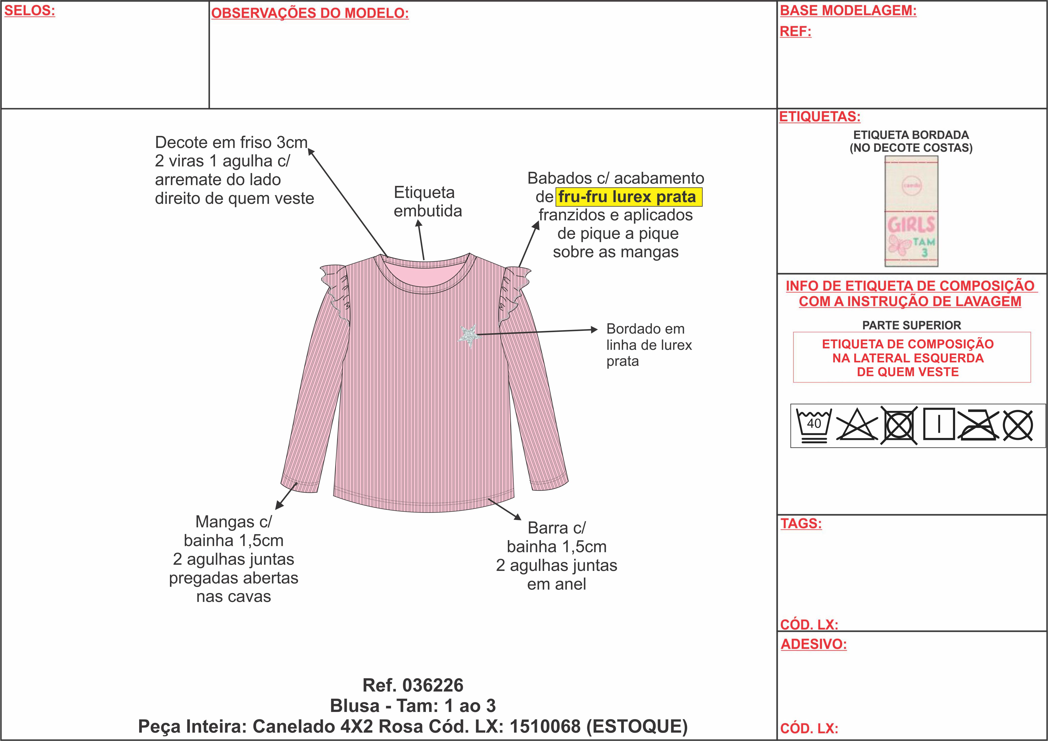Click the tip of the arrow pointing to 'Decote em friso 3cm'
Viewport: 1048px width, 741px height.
point(309,148)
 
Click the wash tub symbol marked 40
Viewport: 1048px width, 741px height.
point(814,425)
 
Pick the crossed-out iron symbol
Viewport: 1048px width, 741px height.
point(978,425)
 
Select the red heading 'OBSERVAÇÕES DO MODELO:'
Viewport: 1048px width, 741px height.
point(310,13)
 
